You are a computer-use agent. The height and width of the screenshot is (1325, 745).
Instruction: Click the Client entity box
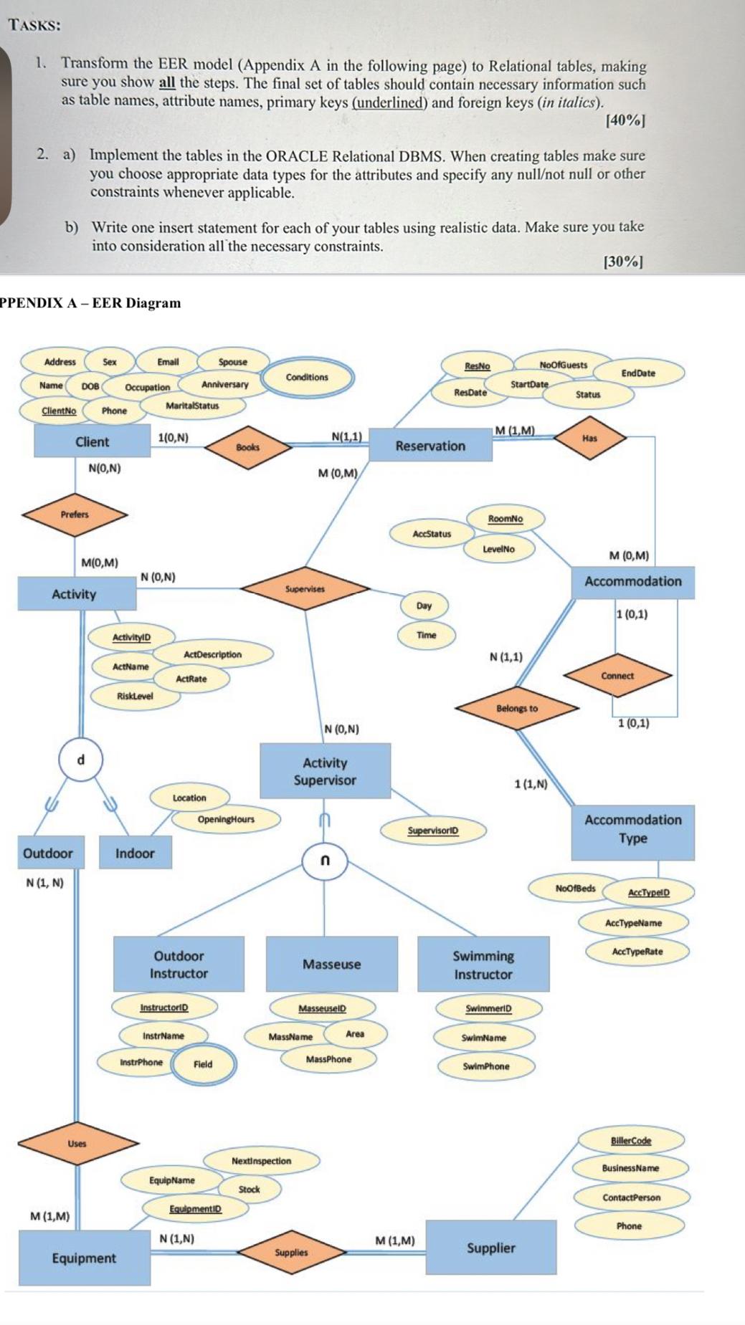(x=92, y=441)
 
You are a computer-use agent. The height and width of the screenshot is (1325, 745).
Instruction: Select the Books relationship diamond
(x=248, y=447)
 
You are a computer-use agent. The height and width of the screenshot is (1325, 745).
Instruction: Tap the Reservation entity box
(x=430, y=446)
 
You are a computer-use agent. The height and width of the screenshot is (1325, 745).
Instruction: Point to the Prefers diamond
(x=75, y=515)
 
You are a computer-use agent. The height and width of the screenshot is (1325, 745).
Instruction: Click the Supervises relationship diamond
(x=305, y=589)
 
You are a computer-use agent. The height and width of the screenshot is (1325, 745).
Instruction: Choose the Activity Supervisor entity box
(x=325, y=772)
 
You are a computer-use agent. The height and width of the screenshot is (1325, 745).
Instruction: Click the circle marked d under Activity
(x=81, y=760)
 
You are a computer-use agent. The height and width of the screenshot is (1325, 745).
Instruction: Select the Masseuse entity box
(x=331, y=965)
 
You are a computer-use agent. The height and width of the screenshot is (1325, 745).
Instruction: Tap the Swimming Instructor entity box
(x=483, y=965)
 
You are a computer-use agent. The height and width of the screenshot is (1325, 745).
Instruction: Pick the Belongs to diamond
(x=517, y=708)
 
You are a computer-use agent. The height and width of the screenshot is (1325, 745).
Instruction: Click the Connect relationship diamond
(x=617, y=676)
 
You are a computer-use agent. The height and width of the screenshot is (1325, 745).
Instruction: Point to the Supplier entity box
(x=491, y=1248)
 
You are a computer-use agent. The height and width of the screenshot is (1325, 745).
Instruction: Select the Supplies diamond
(x=291, y=1253)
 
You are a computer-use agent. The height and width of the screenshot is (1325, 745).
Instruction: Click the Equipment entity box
(x=84, y=1258)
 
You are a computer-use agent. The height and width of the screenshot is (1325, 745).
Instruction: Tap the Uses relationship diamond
(x=77, y=1144)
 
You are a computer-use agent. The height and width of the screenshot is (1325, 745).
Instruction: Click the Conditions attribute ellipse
(x=307, y=377)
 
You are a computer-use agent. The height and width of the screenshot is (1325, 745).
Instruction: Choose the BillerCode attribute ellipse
(x=631, y=1140)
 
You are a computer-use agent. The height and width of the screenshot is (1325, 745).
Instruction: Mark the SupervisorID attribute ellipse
(x=432, y=831)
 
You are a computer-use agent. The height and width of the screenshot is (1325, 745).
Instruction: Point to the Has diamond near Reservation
(x=589, y=438)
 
